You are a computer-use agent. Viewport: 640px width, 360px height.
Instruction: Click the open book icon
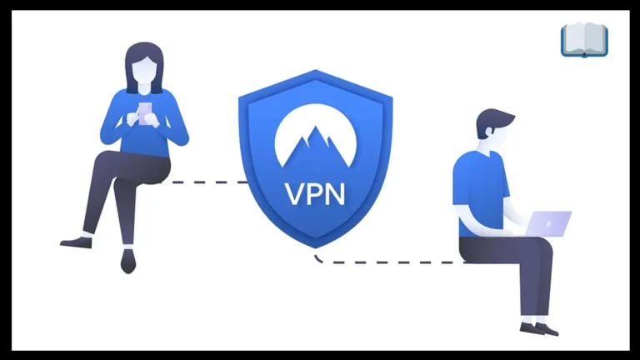pyautogui.click(x=584, y=40)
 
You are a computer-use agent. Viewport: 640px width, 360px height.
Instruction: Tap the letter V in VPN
pyautogui.click(x=293, y=194)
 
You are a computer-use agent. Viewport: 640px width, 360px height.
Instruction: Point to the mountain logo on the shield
pyautogui.click(x=315, y=136)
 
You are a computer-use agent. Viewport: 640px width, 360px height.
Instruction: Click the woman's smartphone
pyautogui.click(x=145, y=113)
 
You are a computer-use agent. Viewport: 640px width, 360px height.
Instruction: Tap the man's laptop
pyautogui.click(x=548, y=223)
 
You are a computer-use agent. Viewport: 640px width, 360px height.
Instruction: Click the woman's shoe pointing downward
pyautogui.click(x=128, y=261)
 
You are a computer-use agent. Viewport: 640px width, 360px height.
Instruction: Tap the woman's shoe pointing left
pyautogui.click(x=77, y=242)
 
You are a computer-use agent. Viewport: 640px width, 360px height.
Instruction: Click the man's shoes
pyautogui.click(x=539, y=329)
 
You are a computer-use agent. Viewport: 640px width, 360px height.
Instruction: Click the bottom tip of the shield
pyautogui.click(x=316, y=247)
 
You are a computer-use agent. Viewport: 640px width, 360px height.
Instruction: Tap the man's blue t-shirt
pyautogui.click(x=480, y=192)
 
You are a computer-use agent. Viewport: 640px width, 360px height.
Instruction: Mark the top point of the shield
pyautogui.click(x=316, y=70)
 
